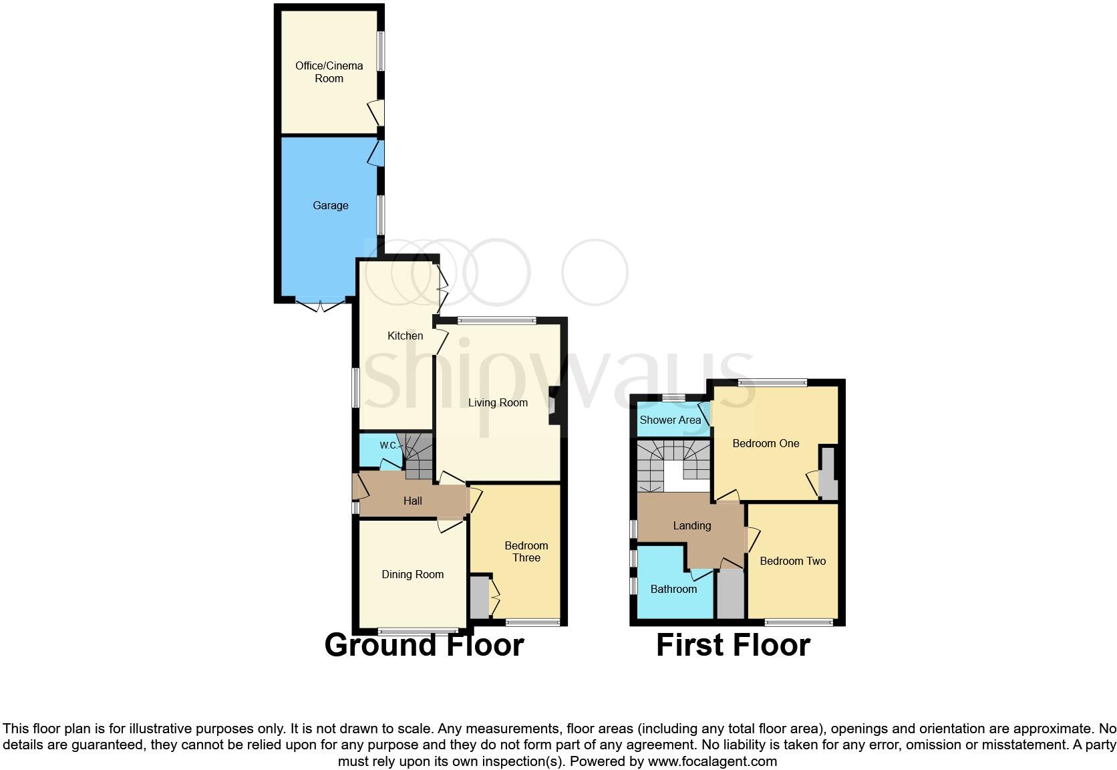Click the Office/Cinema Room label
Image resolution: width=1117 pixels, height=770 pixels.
pos(329,72)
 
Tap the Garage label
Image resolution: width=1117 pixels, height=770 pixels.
pos(330,205)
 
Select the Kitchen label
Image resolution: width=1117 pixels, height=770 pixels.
pos(405,336)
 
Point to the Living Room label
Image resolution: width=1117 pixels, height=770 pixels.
pos(498,402)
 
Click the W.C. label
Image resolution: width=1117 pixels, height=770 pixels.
pos(388,445)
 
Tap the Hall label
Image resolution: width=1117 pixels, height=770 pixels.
pos(412,501)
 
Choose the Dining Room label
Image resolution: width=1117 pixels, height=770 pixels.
pos(412,574)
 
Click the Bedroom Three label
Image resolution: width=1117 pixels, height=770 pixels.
pos(526,551)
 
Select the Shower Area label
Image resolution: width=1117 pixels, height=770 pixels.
pos(670,420)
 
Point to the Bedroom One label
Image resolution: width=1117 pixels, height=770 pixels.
pos(766,443)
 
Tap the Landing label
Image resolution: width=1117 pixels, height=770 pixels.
pos(691,525)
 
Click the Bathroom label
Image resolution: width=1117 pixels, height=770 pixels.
pos(673,589)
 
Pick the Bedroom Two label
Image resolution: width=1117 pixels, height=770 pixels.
pos(792,561)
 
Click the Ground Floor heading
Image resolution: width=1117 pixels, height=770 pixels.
pos(424,645)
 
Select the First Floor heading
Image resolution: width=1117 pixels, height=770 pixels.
pos(733,645)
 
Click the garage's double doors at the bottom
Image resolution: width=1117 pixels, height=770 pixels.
pos(321,305)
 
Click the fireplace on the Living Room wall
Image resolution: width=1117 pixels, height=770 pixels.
pos(553,406)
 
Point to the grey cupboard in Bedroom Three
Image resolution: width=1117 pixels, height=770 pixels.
pos(479,597)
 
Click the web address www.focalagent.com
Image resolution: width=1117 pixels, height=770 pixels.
pos(712,761)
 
